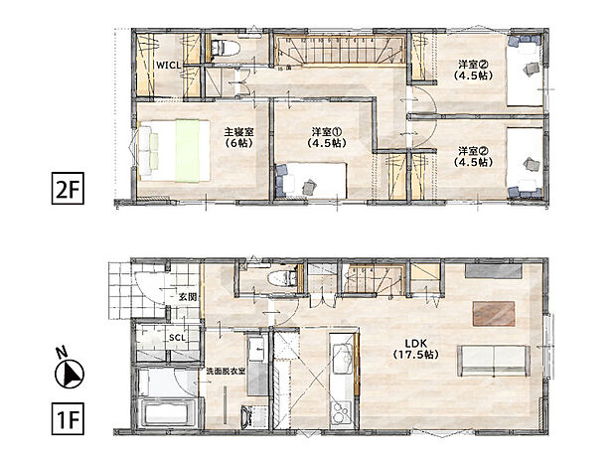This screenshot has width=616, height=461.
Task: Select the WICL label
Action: (166, 65)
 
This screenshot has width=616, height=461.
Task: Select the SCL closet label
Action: (177, 338)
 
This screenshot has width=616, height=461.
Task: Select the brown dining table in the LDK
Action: (493, 313)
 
